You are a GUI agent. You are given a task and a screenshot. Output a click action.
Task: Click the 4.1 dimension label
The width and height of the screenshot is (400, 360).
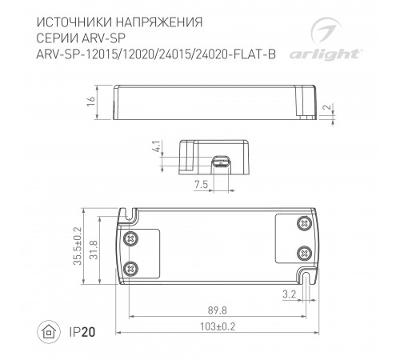154,149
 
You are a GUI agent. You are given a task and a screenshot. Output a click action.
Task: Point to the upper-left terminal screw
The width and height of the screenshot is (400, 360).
133,237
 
